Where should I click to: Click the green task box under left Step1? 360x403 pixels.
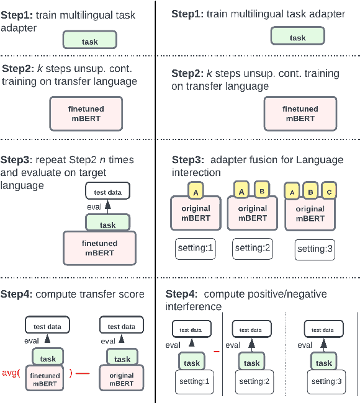[89, 41]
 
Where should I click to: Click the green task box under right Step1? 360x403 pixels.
[297, 37]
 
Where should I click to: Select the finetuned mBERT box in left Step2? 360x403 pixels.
[86, 113]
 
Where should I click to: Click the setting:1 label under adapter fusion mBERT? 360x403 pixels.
[194, 248]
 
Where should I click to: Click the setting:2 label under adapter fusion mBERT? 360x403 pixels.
[252, 248]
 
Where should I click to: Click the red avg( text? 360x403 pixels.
[11, 373]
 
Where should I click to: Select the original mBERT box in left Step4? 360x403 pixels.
[122, 379]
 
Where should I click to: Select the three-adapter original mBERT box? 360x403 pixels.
[309, 214]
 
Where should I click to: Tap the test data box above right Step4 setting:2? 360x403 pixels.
[252, 329]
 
